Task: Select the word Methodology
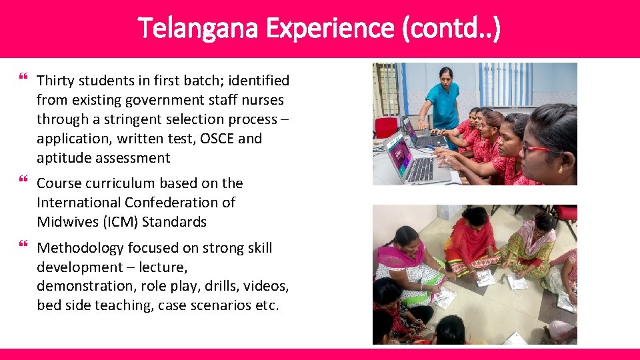click(80, 248)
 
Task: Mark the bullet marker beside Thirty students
click(25, 79)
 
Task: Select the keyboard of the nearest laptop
click(420, 170)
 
